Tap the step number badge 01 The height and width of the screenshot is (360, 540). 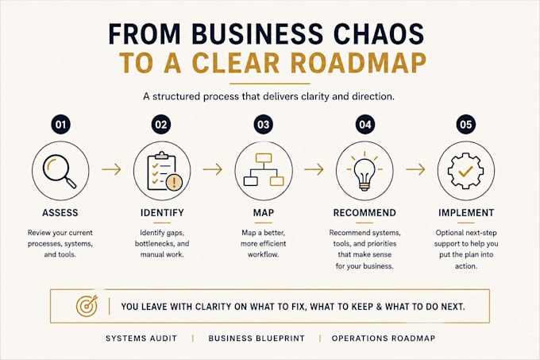click(x=60, y=124)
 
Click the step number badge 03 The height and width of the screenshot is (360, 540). click(x=264, y=124)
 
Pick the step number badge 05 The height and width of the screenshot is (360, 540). click(x=466, y=124)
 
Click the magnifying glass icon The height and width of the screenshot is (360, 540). click(x=60, y=171)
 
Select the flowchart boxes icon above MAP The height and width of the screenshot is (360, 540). click(x=264, y=170)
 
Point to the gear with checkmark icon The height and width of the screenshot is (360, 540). click(x=465, y=171)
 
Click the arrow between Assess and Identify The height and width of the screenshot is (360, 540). click(x=111, y=169)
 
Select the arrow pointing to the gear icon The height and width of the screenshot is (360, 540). click(x=415, y=169)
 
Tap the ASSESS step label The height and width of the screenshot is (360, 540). click(x=60, y=212)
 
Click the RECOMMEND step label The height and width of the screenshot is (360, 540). click(x=364, y=212)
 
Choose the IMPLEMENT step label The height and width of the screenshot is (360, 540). click(x=466, y=212)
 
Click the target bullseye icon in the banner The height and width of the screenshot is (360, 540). click(x=87, y=306)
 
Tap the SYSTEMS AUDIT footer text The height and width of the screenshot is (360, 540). click(x=141, y=339)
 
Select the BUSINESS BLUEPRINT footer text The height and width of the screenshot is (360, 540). click(x=256, y=339)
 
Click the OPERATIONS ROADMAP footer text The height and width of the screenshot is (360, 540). click(x=384, y=339)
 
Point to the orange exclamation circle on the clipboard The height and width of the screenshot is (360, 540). click(x=174, y=182)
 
